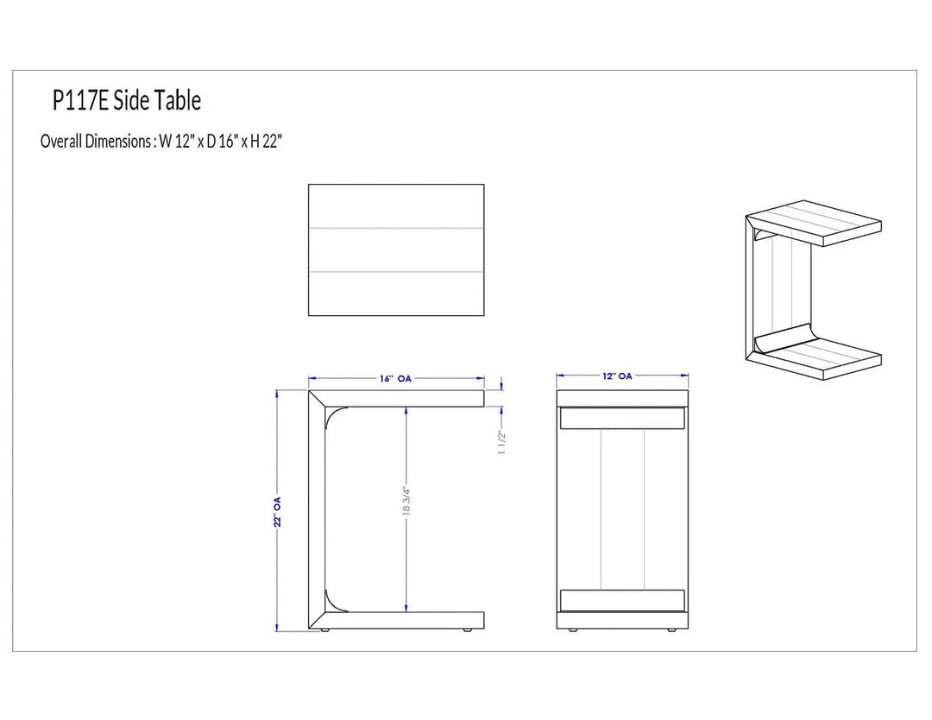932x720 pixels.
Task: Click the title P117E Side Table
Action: pos(127,100)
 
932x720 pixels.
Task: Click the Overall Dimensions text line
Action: pos(161,142)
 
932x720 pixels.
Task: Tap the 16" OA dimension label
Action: pos(396,378)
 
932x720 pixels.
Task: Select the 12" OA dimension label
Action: pos(617,376)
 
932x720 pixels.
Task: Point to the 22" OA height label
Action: pos(278,512)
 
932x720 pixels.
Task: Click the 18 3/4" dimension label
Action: pos(406,502)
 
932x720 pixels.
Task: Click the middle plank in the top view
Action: pos(396,249)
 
